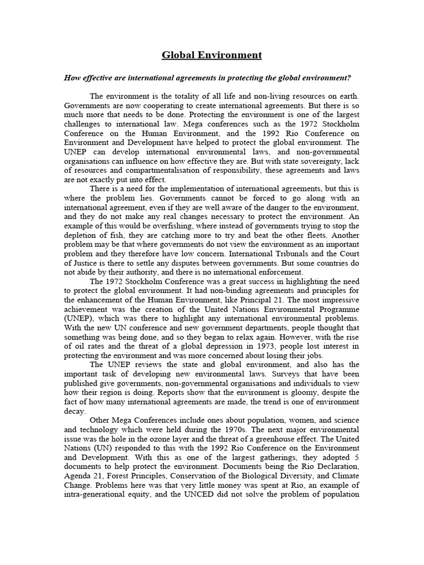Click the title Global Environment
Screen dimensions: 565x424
coord(211,55)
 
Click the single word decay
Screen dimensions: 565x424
coord(75,412)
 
